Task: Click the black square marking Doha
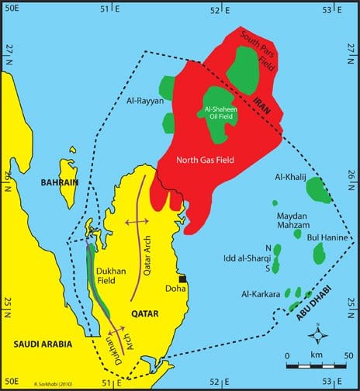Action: pos(184,279)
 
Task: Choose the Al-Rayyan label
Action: pos(142,100)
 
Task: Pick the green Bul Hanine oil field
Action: pos(318,253)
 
